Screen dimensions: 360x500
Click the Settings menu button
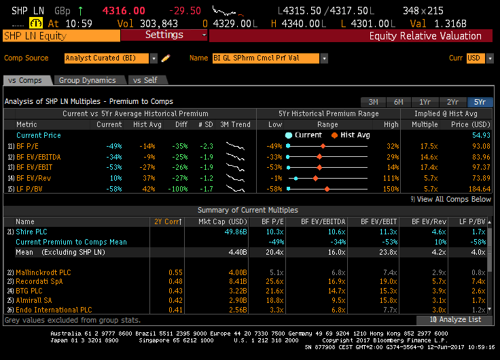[164, 35]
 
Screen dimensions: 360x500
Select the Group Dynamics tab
[87, 80]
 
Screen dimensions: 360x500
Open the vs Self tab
[145, 80]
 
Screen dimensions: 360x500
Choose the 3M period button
[373, 102]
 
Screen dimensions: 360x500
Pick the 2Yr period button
[452, 102]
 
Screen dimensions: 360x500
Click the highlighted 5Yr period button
[480, 102]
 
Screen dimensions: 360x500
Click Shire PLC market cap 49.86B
[232, 232]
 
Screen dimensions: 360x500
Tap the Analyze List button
[454, 319]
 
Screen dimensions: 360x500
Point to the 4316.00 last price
[124, 10]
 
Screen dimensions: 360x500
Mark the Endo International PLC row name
[54, 310]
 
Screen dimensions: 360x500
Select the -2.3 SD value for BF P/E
[205, 146]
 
